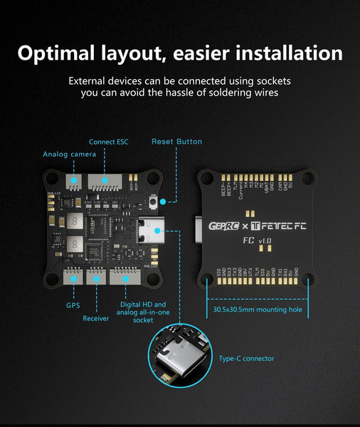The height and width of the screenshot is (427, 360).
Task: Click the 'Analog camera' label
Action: pos(69,154)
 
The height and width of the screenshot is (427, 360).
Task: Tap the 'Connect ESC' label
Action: pos(108,142)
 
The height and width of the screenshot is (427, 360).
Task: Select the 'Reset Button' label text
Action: pos(176,142)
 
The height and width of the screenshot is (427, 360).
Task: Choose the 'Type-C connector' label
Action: pos(247,358)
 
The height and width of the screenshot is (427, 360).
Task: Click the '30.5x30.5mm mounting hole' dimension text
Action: pos(257,310)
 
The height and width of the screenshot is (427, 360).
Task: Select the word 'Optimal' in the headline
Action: pos(64,53)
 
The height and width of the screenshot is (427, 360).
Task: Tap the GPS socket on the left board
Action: pos(73,277)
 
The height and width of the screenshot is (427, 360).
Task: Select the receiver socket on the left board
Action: pos(95,277)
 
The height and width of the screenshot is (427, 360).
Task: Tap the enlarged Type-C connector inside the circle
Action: pos(174,356)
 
